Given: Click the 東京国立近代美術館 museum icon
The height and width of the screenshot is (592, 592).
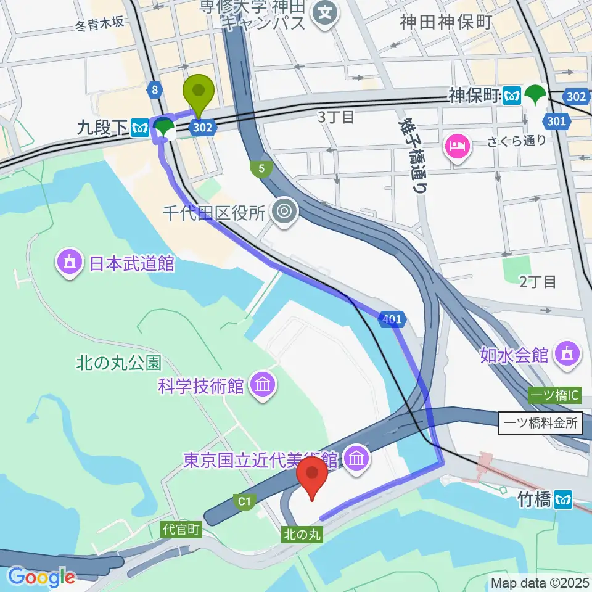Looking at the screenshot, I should (356, 458).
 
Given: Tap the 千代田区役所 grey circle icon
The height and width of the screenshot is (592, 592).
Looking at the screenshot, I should (284, 212).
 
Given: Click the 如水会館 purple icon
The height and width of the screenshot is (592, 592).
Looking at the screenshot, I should (565, 355).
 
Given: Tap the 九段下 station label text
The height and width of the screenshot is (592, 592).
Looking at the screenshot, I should (102, 128).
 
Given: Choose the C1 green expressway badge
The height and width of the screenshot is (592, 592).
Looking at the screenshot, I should (244, 502).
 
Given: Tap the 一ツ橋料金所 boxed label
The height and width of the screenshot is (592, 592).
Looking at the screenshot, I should (540, 423).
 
